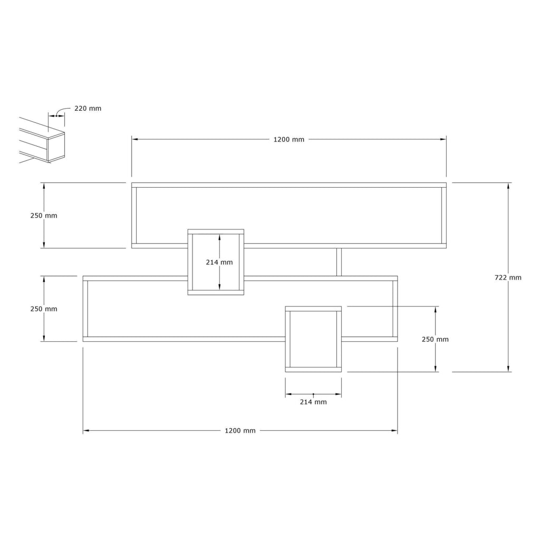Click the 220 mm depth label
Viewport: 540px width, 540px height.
pyautogui.click(x=88, y=109)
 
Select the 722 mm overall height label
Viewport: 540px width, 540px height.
pyautogui.click(x=508, y=277)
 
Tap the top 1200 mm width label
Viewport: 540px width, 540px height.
pyautogui.click(x=289, y=139)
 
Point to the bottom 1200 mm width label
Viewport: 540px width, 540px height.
pyautogui.click(x=240, y=430)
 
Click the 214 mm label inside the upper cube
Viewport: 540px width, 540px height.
pyautogui.click(x=219, y=263)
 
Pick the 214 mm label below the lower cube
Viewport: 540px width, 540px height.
pyautogui.click(x=313, y=402)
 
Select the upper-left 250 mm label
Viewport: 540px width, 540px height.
pyautogui.click(x=44, y=216)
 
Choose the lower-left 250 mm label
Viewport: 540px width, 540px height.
pyautogui.click(x=44, y=309)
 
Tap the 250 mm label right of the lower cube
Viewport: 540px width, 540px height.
pyautogui.click(x=435, y=339)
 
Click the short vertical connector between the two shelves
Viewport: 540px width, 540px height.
pyautogui.click(x=339, y=262)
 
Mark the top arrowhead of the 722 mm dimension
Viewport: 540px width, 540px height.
pyautogui.click(x=508, y=186)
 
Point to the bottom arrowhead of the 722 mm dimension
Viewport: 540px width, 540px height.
pyautogui.click(x=508, y=369)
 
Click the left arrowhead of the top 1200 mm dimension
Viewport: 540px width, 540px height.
pyautogui.click(x=135, y=139)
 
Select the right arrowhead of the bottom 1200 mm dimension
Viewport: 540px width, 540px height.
pyautogui.click(x=394, y=430)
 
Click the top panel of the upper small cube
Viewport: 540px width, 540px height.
pyautogui.click(x=216, y=232)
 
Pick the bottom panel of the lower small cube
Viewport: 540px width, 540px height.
pyautogui.click(x=313, y=370)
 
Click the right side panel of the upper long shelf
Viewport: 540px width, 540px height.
pyautogui.click(x=444, y=216)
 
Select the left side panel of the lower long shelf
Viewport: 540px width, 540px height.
pyautogui.click(x=85, y=309)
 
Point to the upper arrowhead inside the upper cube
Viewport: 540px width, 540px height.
pyautogui.click(x=219, y=238)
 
